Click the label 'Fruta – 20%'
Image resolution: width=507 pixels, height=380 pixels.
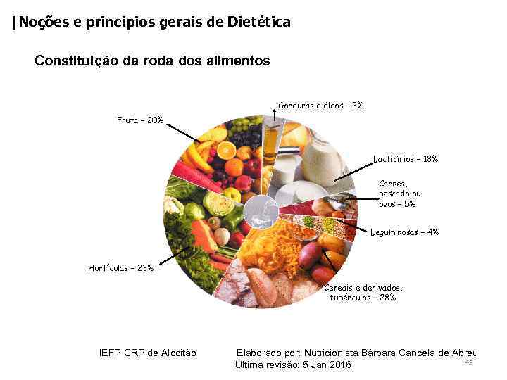[x=140, y=120]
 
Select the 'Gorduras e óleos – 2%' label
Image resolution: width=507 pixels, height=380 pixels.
[x=320, y=106]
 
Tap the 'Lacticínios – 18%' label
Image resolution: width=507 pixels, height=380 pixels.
[x=405, y=159]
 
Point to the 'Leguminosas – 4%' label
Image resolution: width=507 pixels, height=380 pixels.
[x=404, y=232]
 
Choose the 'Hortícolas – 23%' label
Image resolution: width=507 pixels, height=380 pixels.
[x=120, y=267]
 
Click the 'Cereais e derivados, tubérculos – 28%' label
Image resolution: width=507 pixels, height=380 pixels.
[x=363, y=292]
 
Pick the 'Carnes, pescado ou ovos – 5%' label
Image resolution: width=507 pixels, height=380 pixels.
[x=400, y=194]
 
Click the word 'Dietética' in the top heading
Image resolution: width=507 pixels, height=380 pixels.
[x=258, y=23]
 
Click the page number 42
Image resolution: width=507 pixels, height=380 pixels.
[x=468, y=362]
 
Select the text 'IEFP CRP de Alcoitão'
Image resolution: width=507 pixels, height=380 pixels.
[x=148, y=353]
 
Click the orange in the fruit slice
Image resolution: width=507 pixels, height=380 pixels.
[x=227, y=150]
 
